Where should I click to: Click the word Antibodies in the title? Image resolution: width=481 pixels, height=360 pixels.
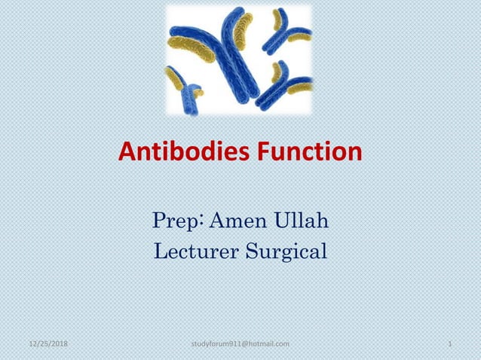pyautogui.click(x=179, y=154)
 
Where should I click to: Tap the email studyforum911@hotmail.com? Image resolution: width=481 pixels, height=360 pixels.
pyautogui.click(x=241, y=344)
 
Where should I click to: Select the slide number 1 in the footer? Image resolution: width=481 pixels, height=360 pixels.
pyautogui.click(x=449, y=344)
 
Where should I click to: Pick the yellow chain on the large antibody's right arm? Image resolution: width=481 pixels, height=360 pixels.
pyautogui.click(x=243, y=30)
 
